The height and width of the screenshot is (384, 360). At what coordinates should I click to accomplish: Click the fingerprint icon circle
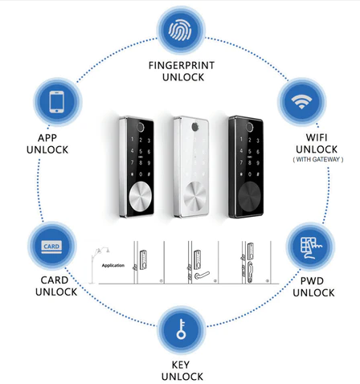181,31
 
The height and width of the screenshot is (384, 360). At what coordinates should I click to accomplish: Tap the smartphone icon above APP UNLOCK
57,102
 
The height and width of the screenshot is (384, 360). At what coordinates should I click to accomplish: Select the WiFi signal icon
301,102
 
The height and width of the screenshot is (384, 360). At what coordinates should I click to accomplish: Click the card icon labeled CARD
51,247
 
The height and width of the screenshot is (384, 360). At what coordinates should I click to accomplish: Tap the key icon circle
181,329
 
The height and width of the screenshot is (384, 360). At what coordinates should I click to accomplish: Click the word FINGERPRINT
182,65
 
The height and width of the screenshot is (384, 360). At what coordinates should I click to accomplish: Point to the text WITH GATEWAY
318,159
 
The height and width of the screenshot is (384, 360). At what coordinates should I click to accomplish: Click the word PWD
312,281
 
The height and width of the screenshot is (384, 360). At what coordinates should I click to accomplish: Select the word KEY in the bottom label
181,365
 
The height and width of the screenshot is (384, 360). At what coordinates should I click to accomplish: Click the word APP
47,138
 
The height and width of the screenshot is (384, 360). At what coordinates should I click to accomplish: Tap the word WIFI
317,137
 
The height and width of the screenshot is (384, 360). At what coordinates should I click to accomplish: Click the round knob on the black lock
250,195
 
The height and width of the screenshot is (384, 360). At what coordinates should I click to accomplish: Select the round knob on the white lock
194,195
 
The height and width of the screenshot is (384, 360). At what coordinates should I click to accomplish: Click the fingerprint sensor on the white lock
194,127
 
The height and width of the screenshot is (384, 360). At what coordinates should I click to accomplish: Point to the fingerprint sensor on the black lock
250,127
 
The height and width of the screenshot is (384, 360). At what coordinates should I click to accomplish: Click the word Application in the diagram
113,265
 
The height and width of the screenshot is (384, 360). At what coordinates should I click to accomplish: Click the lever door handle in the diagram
202,276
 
